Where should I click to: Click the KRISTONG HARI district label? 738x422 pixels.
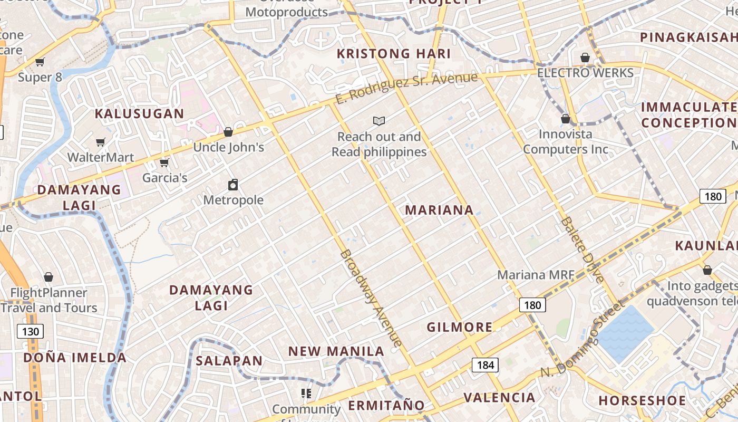[394, 54]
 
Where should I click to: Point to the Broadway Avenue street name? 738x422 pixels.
[371, 298]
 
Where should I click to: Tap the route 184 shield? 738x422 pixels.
[485, 365]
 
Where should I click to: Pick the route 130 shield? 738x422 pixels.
[30, 331]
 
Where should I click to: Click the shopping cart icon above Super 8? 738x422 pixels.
[40, 62]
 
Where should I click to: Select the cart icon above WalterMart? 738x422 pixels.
[101, 142]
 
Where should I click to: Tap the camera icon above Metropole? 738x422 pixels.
[233, 185]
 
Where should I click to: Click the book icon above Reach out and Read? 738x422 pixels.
[379, 121]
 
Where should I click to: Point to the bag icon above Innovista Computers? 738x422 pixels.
[566, 119]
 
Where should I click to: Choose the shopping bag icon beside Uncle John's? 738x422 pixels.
[228, 132]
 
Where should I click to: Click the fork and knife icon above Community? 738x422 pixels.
[306, 394]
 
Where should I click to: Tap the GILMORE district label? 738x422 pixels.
[460, 327]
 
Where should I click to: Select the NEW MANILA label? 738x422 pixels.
[336, 351]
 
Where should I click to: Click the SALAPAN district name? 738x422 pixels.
[229, 361]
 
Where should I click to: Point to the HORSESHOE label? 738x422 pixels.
[642, 400]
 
